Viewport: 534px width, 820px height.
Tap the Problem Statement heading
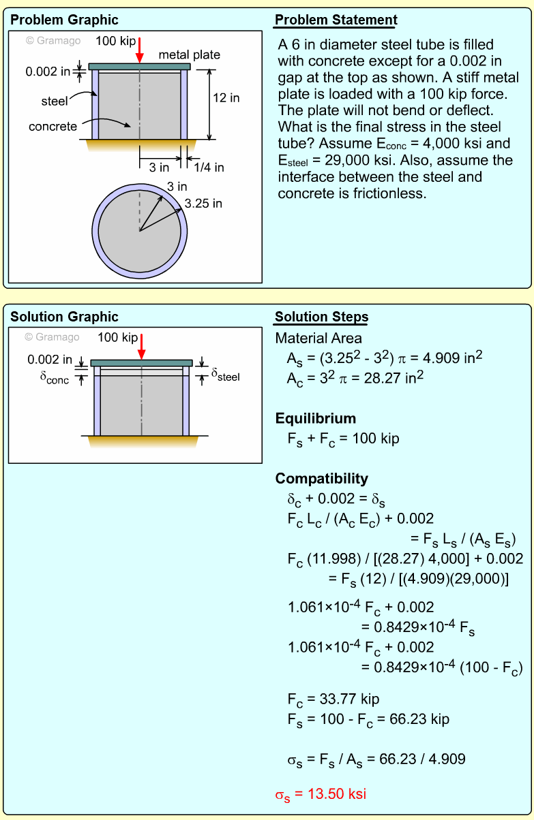pyautogui.click(x=336, y=20)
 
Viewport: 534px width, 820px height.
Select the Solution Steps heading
pyautogui.click(x=321, y=317)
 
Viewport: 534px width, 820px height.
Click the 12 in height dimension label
pyautogui.click(x=226, y=98)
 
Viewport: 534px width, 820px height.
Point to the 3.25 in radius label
pyautogui.click(x=203, y=204)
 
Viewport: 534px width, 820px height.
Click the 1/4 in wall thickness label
pyautogui.click(x=209, y=167)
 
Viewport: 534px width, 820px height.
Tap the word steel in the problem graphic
pyautogui.click(x=55, y=101)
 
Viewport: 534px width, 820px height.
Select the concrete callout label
pyautogui.click(x=53, y=127)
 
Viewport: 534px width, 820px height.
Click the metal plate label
pyautogui.click(x=190, y=54)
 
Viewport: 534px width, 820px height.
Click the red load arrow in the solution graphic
pyautogui.click(x=141, y=346)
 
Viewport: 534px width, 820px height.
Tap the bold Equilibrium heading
pyautogui.click(x=316, y=418)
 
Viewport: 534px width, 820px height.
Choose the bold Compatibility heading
pyautogui.click(x=321, y=478)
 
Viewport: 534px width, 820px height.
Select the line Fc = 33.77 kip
pyautogui.click(x=333, y=699)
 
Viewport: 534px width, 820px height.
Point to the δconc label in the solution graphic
pyautogui.click(x=55, y=378)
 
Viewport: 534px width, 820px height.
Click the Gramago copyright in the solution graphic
pyautogui.click(x=52, y=337)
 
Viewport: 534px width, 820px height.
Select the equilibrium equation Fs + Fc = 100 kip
pyautogui.click(x=343, y=439)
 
